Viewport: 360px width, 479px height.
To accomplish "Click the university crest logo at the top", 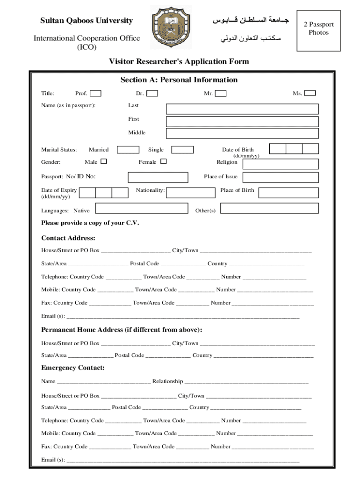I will point(170,28).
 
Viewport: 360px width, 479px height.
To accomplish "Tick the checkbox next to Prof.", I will point(95,94).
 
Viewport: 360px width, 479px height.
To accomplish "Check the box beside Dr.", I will point(152,94).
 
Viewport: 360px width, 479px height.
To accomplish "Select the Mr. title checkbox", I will point(221,94).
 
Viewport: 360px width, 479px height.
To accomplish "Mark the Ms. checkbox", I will point(310,94).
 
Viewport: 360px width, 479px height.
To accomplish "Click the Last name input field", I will point(242,109).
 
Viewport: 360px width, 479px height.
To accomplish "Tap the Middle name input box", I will point(242,133).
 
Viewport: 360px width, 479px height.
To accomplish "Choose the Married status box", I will point(128,150).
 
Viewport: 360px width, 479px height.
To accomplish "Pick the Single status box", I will point(182,150).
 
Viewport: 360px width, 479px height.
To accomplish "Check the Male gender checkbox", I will point(104,162).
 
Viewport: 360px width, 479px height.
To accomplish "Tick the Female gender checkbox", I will point(164,162).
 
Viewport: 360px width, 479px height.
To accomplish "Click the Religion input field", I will point(280,164).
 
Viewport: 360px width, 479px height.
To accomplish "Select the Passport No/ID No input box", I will point(158,177).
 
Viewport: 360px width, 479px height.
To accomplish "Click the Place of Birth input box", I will point(288,193).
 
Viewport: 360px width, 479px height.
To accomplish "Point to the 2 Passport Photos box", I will point(318,29).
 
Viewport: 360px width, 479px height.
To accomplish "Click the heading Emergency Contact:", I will point(73,368).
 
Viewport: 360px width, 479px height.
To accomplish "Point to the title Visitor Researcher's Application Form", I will point(179,62).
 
